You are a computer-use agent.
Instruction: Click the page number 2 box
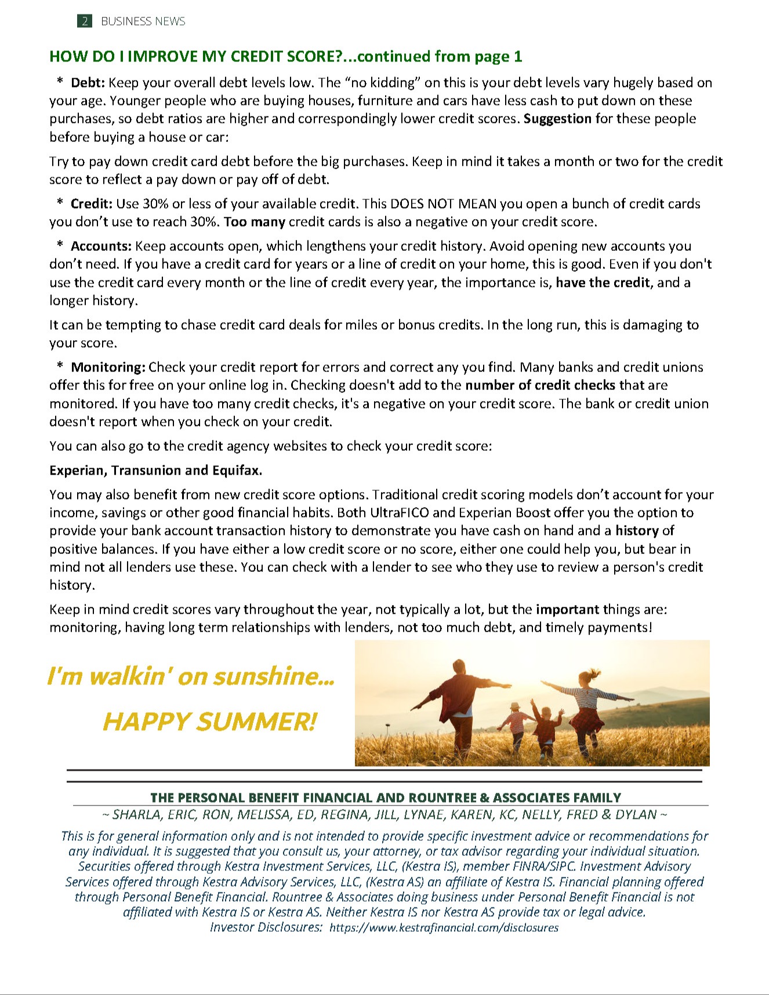[x=85, y=21]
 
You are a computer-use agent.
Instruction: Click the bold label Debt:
[x=88, y=83]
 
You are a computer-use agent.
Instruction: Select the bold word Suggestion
[x=557, y=119]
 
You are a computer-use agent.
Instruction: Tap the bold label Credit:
[x=92, y=204]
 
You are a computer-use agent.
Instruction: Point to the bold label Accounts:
[x=101, y=246]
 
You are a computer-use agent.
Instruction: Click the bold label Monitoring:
[x=108, y=367]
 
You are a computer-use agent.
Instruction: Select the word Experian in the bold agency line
[x=77, y=471]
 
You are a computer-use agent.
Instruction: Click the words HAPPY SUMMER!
[x=209, y=722]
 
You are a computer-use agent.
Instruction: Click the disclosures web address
[x=444, y=928]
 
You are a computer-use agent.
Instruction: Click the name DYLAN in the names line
[x=636, y=815]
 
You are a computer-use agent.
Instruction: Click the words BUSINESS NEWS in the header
[x=143, y=21]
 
